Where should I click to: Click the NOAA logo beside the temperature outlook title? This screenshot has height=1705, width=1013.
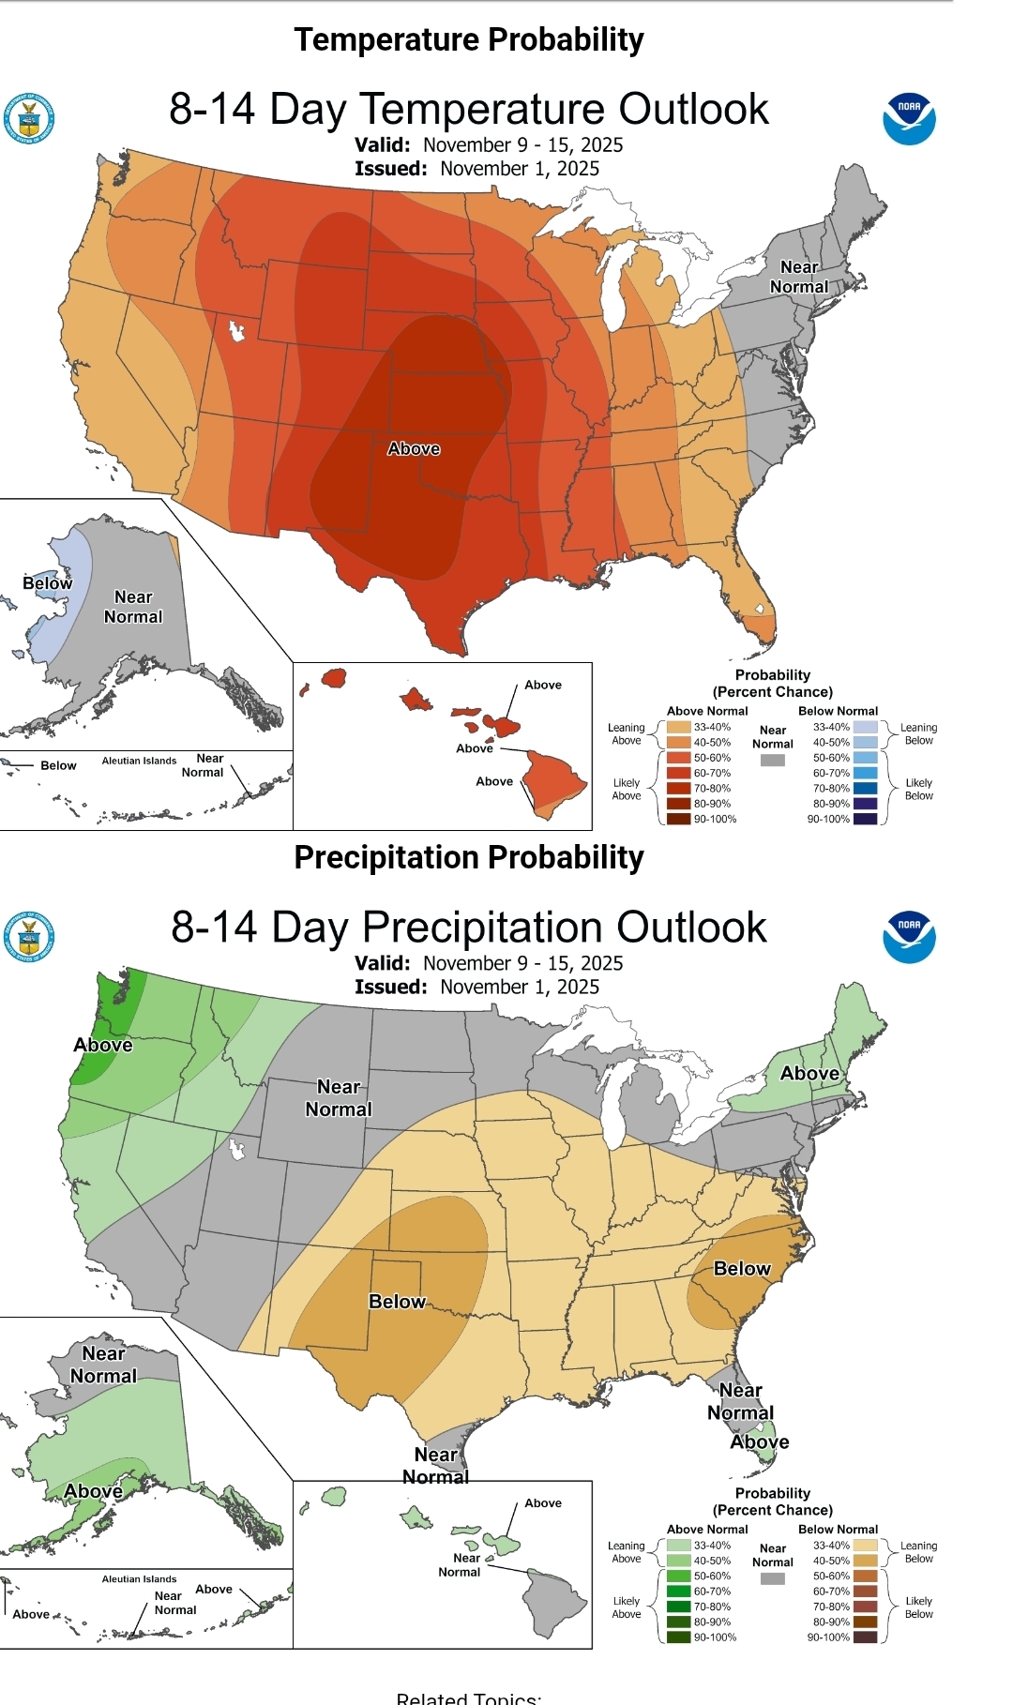909,119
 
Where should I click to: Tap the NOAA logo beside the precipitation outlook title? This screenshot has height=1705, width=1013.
909,937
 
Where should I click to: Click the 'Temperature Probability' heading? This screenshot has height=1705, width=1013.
469,39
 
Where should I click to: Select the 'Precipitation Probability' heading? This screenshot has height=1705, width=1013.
469,857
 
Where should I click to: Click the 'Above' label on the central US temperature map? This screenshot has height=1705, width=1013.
414,448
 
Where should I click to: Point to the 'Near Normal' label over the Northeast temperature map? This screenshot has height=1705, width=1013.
799,277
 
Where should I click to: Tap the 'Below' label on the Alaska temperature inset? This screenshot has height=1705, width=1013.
47,583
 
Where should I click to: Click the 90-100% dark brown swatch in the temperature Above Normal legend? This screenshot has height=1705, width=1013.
678,819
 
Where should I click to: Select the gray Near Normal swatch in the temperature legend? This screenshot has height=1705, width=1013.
772,760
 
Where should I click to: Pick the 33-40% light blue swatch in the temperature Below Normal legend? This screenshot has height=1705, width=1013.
866,727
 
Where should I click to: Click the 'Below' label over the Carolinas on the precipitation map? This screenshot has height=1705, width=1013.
742,1269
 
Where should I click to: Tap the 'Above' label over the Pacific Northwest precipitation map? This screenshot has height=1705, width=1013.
103,1045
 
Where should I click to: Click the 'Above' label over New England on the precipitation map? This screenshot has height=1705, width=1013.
810,1073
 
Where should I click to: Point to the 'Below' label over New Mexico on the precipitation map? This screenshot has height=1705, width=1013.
397,1302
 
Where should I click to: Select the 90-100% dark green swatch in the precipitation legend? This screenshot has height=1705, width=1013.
678,1637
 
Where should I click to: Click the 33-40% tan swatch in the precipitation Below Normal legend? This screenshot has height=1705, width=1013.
866,1546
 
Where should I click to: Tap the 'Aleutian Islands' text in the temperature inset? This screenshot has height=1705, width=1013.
139,761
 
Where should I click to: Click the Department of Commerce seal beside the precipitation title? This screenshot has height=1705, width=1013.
29,937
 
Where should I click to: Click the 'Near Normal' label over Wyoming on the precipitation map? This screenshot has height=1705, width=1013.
339,1098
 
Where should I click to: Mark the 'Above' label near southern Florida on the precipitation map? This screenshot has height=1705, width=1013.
760,1441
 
